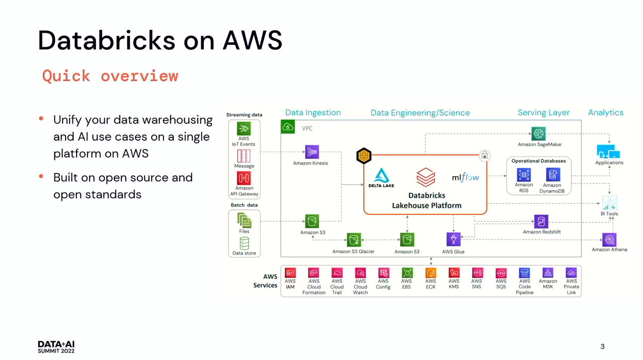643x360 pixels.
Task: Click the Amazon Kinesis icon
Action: (x=312, y=152)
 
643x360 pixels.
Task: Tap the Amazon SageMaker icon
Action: (x=538, y=134)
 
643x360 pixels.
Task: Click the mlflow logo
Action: (x=466, y=178)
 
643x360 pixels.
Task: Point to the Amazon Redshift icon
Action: (x=541, y=222)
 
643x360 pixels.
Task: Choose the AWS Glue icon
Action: (x=453, y=240)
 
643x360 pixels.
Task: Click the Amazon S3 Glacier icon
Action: (x=353, y=240)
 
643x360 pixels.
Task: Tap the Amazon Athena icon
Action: (x=609, y=240)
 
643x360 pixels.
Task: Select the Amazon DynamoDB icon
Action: (x=553, y=175)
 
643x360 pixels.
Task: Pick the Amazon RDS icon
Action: (x=524, y=175)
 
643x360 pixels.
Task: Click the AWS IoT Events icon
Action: (x=244, y=128)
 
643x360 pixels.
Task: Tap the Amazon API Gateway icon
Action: (x=244, y=178)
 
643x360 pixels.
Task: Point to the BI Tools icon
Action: (x=609, y=203)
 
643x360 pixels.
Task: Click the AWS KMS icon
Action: (x=454, y=272)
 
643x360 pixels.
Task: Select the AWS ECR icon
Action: (x=430, y=272)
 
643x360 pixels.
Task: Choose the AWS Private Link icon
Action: (x=571, y=272)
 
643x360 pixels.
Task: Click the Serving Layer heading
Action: (x=544, y=113)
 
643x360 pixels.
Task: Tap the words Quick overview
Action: (x=110, y=76)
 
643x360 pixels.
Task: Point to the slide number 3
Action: (x=603, y=347)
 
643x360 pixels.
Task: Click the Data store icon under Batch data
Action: (x=244, y=243)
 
